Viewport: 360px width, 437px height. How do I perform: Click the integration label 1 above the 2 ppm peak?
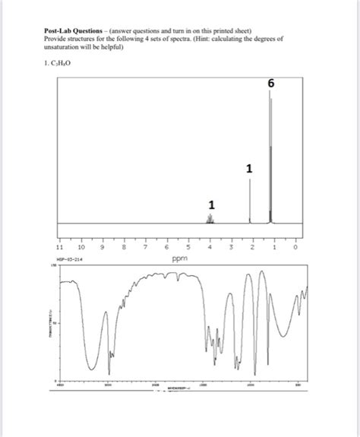[249, 168]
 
